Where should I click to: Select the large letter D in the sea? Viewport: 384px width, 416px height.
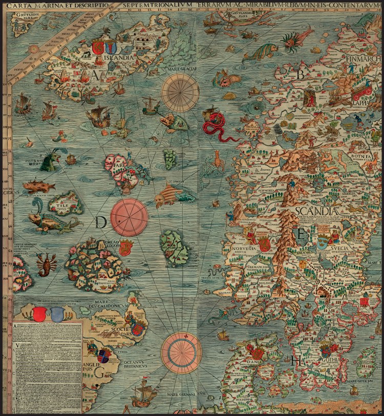(x=101, y=222)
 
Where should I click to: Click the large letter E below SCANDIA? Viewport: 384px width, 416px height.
(x=302, y=235)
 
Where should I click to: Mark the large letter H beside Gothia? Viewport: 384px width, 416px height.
(x=296, y=360)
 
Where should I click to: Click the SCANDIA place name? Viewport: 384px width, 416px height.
(x=316, y=211)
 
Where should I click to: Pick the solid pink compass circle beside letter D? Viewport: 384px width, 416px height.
(x=130, y=217)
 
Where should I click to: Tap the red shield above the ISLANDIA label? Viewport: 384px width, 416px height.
(x=97, y=48)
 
